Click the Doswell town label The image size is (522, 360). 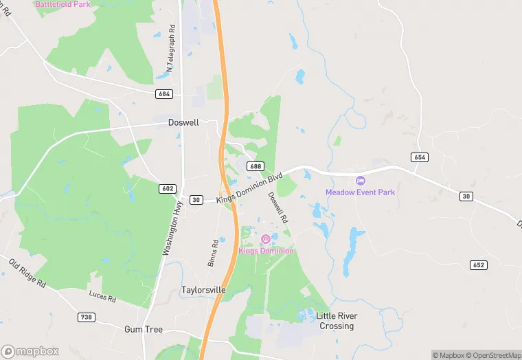point(183,122)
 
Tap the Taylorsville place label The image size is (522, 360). point(203,290)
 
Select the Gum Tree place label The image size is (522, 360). point(144,330)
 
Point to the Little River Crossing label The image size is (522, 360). point(336,321)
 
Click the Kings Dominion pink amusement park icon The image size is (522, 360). point(266,239)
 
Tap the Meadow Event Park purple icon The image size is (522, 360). point(360,181)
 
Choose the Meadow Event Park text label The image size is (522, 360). point(360,192)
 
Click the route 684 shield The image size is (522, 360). point(163,93)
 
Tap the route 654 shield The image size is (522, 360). point(420,157)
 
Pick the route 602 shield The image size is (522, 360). point(168,188)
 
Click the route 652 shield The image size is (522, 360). point(478,265)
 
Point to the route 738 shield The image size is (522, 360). point(87,317)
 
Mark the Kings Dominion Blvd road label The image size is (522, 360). point(249,188)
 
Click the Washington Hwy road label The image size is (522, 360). point(172,229)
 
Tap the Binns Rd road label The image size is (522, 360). point(214,253)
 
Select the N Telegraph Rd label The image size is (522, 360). point(171,49)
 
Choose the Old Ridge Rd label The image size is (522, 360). point(27,272)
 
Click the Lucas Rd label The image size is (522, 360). point(102,296)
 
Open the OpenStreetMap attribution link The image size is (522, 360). point(493,355)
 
